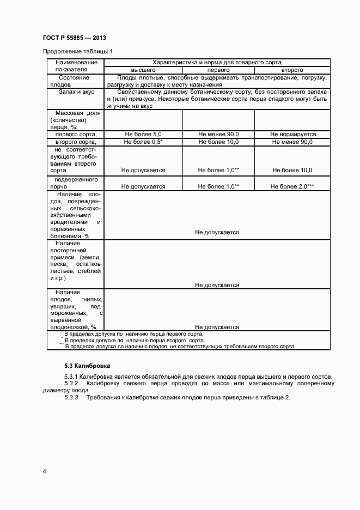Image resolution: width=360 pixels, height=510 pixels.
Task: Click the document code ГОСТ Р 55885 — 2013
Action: click(x=74, y=38)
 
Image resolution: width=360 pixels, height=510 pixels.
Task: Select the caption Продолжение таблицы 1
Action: click(x=78, y=52)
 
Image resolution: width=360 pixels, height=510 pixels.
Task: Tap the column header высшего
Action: click(x=143, y=70)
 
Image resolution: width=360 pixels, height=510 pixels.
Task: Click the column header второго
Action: click(x=292, y=70)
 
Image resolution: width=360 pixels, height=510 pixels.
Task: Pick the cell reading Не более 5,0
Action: click(x=143, y=134)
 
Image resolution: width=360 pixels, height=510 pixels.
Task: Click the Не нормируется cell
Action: click(x=292, y=134)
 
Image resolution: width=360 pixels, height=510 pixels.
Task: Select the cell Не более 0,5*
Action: click(x=143, y=142)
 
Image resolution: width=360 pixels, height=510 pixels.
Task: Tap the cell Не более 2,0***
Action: click(x=292, y=186)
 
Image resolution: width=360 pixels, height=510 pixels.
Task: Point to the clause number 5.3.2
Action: click(x=71, y=383)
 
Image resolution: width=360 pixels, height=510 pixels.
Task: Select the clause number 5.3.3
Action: click(x=71, y=397)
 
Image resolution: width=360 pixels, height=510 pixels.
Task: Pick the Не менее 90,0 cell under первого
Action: click(x=218, y=134)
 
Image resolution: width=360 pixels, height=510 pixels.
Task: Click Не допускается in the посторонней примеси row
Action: click(x=217, y=285)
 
